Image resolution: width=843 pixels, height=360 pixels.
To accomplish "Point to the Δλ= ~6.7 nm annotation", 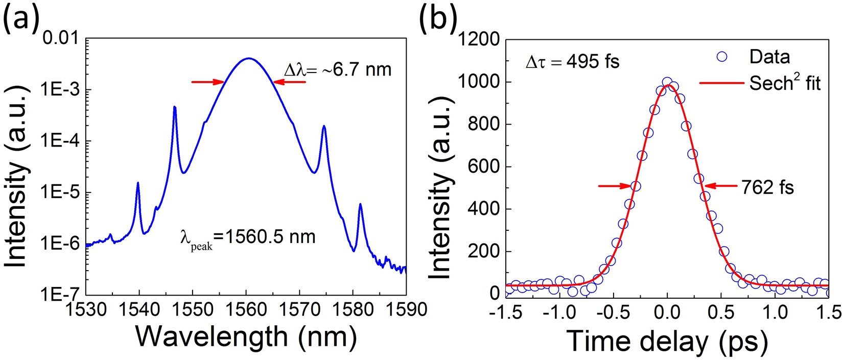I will tap(337, 69).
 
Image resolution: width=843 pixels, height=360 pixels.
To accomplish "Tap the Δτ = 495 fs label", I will tap(573, 62).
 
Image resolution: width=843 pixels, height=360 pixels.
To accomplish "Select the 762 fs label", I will tap(768, 187).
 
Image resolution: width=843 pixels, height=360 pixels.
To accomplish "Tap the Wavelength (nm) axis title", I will tap(246, 337).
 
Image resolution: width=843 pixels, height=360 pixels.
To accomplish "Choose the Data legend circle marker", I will tap(721, 57).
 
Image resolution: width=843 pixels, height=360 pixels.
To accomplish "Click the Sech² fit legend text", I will tap(785, 83).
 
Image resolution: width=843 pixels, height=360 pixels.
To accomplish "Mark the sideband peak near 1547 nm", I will tap(175, 108).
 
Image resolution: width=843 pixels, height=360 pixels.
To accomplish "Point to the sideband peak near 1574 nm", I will tap(324, 127).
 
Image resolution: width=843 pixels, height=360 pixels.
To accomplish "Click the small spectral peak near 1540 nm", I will tap(138, 183).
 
